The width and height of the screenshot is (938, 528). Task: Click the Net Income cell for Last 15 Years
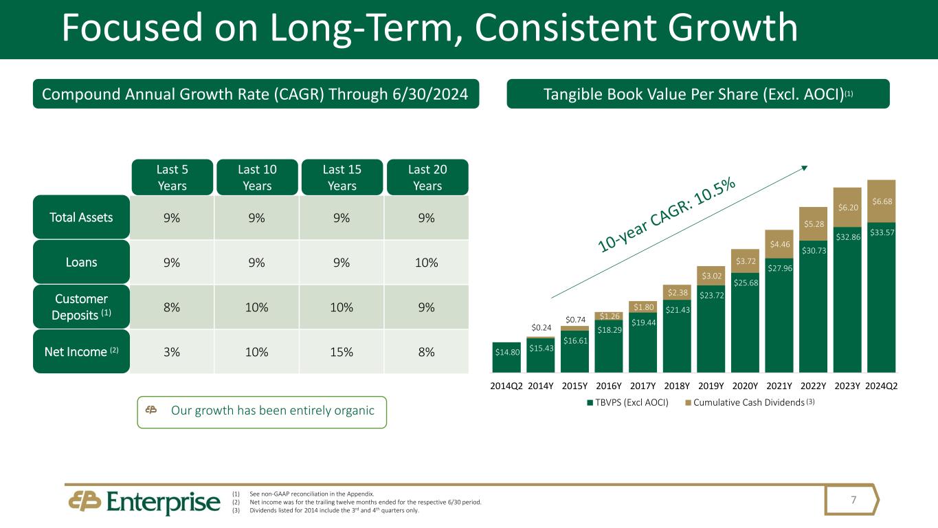(342, 352)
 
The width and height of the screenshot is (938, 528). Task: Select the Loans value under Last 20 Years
(426, 262)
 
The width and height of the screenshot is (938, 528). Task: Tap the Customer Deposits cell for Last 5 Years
(172, 307)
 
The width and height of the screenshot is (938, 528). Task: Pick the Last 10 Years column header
(257, 177)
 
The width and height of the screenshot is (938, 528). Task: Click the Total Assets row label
(81, 217)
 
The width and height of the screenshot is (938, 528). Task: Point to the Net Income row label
(81, 351)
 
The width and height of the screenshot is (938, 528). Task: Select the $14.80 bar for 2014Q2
(506, 357)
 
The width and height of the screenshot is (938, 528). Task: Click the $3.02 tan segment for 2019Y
(711, 276)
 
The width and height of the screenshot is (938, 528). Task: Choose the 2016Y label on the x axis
(609, 386)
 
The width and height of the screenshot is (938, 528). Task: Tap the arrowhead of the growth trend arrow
(805, 167)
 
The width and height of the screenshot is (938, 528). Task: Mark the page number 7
(853, 500)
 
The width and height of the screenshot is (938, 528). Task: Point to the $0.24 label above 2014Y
(541, 328)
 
